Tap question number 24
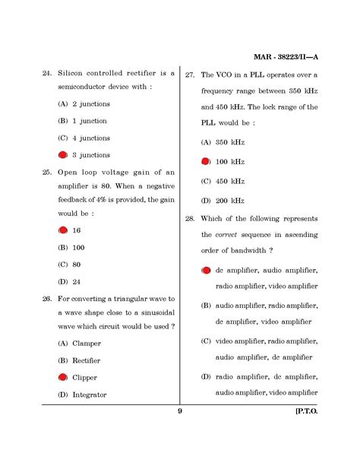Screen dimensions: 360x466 point(46,74)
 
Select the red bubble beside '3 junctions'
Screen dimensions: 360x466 point(63,155)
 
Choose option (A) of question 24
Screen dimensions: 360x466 point(63,103)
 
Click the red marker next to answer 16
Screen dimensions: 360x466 point(63,230)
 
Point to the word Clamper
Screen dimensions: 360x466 point(87,344)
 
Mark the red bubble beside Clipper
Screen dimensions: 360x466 point(63,378)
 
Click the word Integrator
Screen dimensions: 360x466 point(90,395)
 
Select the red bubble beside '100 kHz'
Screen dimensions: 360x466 point(206,162)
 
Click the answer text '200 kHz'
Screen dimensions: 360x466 point(230,201)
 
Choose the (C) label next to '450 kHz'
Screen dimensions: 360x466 point(206,181)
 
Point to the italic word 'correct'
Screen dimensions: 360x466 point(228,236)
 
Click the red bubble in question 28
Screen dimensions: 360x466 point(206,271)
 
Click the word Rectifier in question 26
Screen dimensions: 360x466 point(87,360)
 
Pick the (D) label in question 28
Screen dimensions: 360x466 point(206,376)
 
